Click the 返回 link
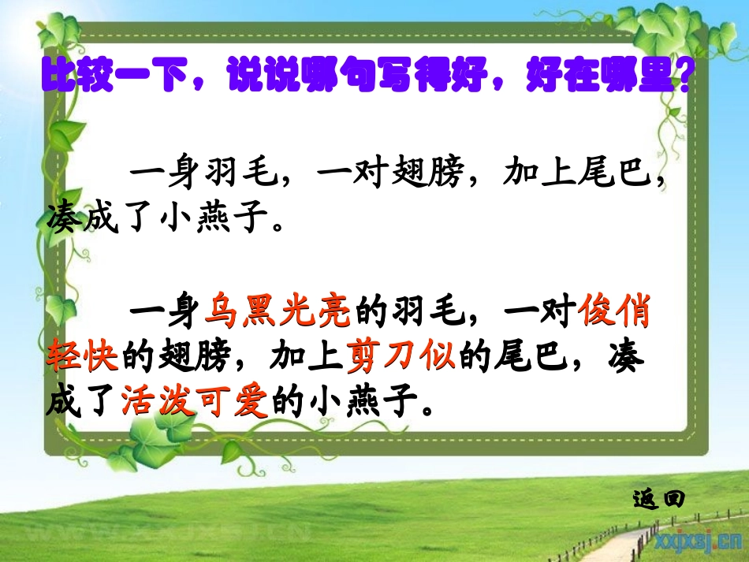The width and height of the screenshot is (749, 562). click(x=658, y=498)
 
